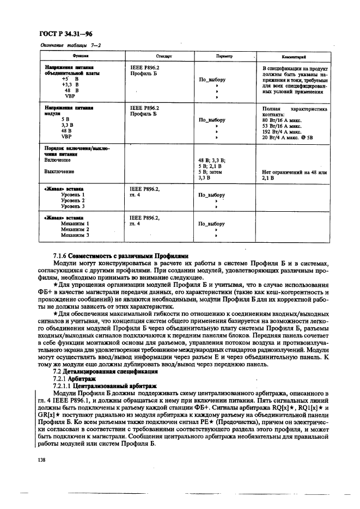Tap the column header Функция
tap(81, 56)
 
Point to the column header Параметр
tap(224, 56)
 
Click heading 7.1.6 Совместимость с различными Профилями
tap(120, 255)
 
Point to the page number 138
tap(43, 460)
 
